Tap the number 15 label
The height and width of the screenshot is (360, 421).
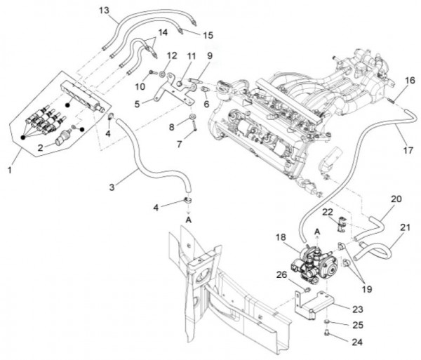pos(208,35)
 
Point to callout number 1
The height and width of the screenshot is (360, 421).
pos(8,171)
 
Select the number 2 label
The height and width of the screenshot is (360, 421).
pos(41,147)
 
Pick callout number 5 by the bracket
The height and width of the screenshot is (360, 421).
pos(138,104)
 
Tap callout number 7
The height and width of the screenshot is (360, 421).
pos(179,143)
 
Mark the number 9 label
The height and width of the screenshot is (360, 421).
pos(209,55)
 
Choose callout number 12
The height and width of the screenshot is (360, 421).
pos(173,55)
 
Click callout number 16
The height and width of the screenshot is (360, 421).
pos(410,81)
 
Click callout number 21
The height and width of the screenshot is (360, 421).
pos(406,227)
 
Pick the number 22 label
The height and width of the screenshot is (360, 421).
pos(327,212)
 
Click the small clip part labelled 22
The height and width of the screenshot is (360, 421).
pos(340,224)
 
